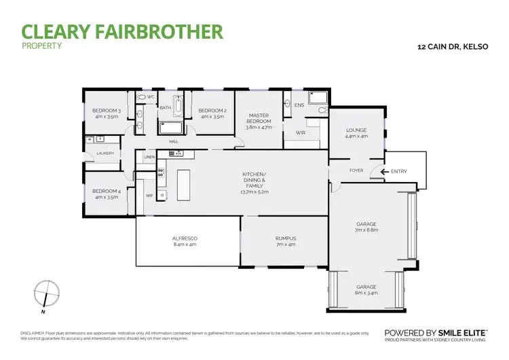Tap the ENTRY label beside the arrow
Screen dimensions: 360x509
399,172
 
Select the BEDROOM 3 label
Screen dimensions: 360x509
106,111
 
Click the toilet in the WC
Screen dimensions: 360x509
140,97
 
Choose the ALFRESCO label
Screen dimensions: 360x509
184,238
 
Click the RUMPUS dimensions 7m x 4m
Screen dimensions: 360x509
286,245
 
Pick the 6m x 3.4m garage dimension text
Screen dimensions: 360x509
366,293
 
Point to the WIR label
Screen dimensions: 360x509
300,133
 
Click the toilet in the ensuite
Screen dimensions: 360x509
322,109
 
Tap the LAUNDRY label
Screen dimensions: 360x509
105,153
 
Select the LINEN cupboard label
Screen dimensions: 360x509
149,158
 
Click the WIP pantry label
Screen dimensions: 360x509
149,196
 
